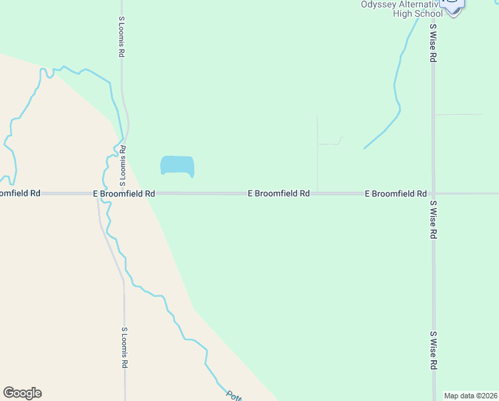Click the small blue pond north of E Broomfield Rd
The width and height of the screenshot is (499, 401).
point(177,166)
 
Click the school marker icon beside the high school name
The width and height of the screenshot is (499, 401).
point(454,5)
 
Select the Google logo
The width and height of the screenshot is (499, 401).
point(22,393)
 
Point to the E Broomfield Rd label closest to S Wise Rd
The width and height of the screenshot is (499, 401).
point(396,194)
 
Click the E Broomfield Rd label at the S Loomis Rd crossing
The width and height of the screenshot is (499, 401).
point(124,194)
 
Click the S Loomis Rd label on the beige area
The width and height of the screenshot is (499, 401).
point(124,348)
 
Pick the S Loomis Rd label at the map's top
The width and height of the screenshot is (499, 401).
point(121,37)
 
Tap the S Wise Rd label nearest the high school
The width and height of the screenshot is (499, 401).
point(433,43)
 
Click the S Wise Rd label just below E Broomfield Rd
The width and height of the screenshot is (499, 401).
point(433,220)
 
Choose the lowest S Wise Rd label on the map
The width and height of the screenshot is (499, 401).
point(433,350)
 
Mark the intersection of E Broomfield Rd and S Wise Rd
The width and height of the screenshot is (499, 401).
point(433,194)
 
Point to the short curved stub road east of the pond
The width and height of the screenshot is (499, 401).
point(332,142)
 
